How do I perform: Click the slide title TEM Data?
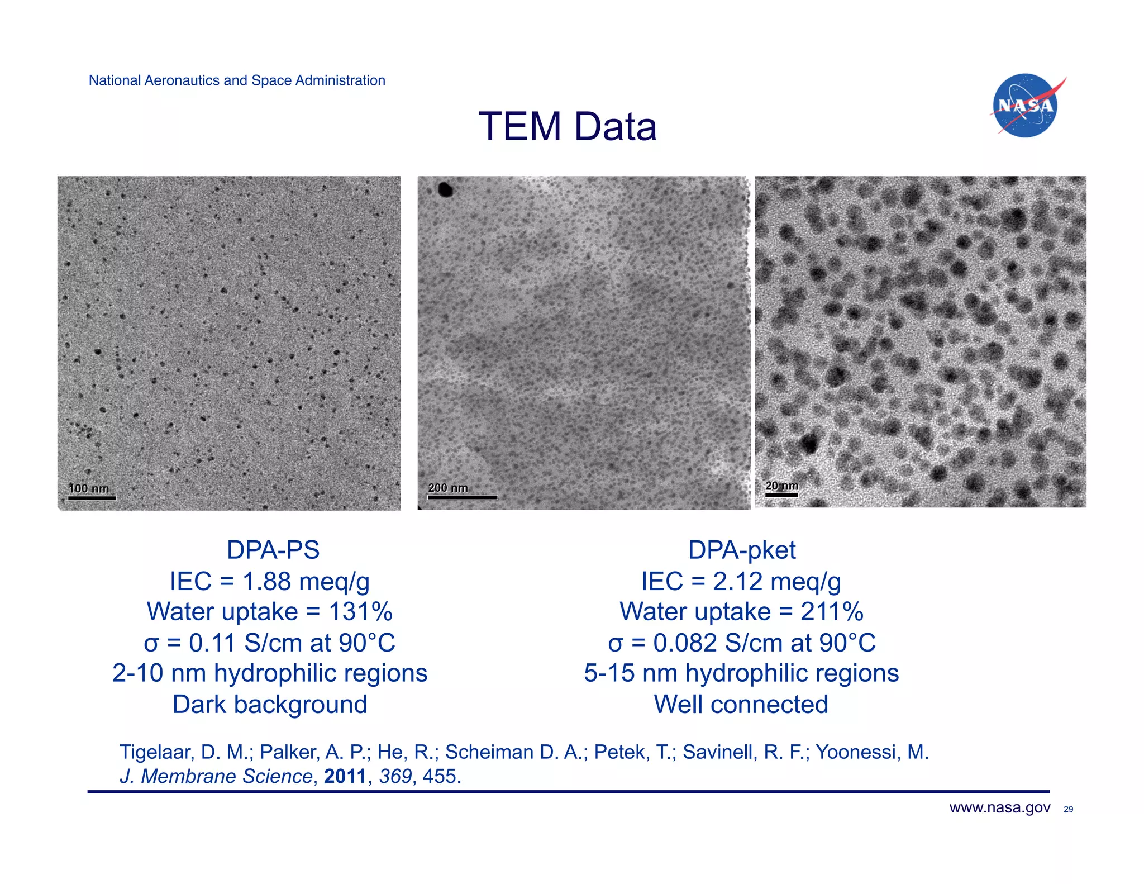(568, 126)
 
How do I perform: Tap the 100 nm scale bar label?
(88, 488)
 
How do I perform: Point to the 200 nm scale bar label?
(448, 488)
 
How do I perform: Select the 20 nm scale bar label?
(781, 486)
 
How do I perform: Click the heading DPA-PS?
(273, 550)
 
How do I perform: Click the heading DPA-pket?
(741, 550)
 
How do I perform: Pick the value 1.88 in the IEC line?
(267, 581)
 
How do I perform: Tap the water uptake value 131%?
(360, 612)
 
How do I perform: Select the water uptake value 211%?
(832, 612)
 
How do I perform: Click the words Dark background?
(270, 704)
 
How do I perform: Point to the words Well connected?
(741, 704)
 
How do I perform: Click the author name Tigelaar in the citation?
(156, 752)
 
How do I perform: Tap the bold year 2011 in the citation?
(345, 776)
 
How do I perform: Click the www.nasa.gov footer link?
(999, 807)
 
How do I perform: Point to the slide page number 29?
(1068, 809)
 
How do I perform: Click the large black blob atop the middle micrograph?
(445, 190)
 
